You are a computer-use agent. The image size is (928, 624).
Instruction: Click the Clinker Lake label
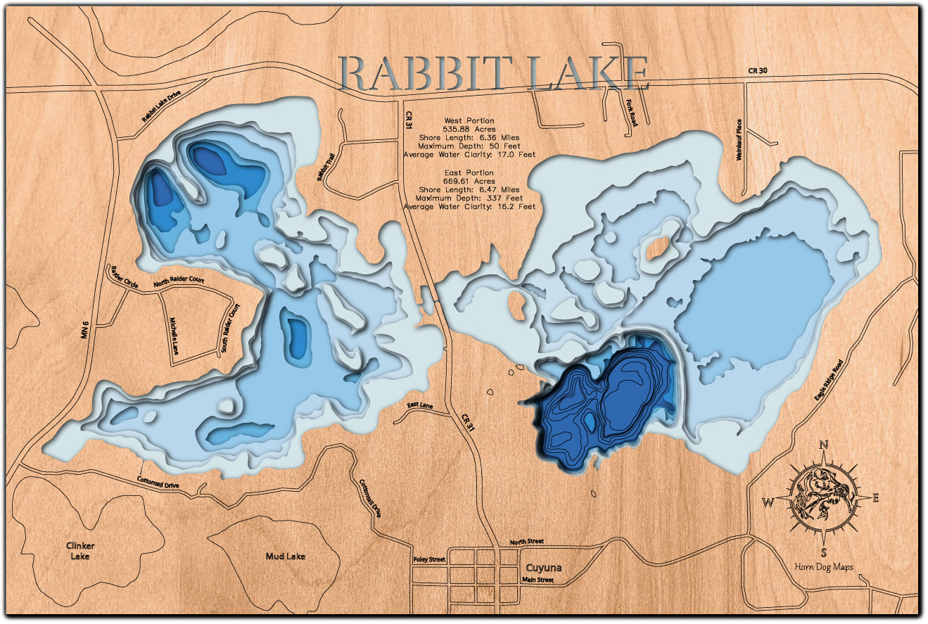click(80, 551)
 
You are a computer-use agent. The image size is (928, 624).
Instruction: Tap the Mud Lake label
click(285, 556)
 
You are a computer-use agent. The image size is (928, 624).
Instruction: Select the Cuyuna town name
click(544, 568)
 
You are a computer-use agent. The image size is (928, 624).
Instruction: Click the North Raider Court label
click(179, 281)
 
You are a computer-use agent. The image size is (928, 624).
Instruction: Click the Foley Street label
click(428, 559)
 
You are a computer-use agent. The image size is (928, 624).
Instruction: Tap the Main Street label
click(538, 580)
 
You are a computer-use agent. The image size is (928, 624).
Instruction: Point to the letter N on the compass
click(824, 445)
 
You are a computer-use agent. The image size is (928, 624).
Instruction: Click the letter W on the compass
click(768, 502)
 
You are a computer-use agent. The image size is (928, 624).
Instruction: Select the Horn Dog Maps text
click(822, 567)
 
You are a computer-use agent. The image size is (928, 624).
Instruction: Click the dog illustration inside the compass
click(822, 498)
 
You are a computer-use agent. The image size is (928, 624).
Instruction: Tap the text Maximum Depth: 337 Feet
click(469, 198)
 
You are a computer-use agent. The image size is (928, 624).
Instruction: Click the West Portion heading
click(469, 121)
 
